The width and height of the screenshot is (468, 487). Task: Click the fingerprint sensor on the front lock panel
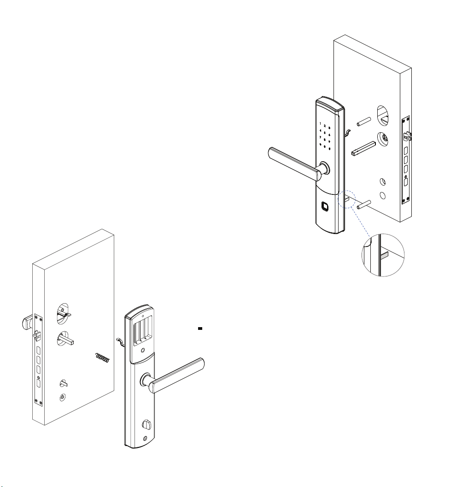tap(325, 206)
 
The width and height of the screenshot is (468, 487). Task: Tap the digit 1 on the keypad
tap(320, 123)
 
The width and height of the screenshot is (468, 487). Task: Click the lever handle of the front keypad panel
tap(294, 164)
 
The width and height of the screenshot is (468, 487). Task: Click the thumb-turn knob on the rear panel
tap(146, 425)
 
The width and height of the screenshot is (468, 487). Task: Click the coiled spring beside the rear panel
tap(102, 358)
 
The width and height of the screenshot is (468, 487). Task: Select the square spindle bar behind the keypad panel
tap(363, 148)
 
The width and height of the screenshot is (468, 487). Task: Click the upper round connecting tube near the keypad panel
tap(364, 122)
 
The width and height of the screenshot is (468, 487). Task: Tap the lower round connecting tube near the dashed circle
tap(364, 205)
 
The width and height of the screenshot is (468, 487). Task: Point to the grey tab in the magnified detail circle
tap(384, 255)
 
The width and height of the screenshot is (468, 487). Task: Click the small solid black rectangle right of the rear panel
tap(200, 329)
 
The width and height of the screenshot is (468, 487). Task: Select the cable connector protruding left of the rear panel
tap(120, 341)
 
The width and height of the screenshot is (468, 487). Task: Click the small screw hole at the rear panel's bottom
tap(145, 439)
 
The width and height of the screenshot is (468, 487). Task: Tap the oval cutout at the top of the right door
tap(383, 116)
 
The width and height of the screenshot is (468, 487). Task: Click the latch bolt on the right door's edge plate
tap(407, 136)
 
